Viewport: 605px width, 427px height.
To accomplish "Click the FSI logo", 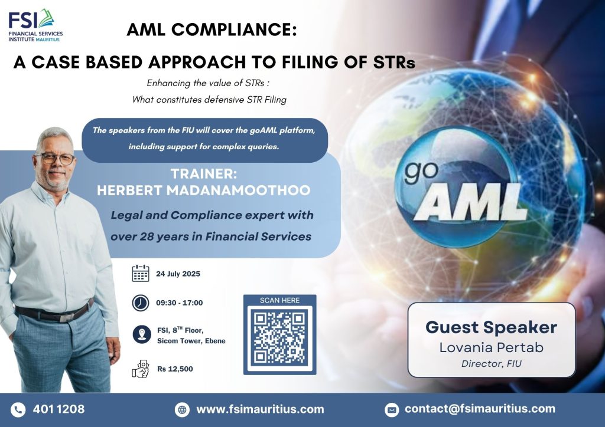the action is (35, 25).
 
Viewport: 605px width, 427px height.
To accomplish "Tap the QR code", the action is (279, 337).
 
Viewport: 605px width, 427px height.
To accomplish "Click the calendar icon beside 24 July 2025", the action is (141, 274).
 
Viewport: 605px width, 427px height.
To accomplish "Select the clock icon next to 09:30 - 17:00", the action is (141, 303).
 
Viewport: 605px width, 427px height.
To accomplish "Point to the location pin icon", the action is (142, 334).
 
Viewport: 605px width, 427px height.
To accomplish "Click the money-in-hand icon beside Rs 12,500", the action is (141, 369).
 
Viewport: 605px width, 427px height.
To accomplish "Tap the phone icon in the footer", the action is (18, 410).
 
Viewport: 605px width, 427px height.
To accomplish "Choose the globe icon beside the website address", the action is (182, 410).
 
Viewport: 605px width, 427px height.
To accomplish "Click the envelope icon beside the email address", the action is (392, 410).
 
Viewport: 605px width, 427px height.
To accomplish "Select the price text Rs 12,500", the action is (175, 369).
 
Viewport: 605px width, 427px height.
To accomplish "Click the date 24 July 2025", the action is (178, 274).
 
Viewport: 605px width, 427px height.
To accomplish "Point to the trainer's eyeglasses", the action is (54, 158).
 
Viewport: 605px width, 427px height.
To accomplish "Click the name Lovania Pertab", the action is (491, 347).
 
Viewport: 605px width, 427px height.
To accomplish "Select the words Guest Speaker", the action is (491, 327).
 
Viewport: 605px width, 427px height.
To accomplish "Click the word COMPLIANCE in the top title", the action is (234, 29).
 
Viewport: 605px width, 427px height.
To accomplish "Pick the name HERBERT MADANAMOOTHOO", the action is (204, 190).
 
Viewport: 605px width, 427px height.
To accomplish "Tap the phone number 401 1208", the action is (58, 409).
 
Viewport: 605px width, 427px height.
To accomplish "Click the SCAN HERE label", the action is (279, 300).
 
